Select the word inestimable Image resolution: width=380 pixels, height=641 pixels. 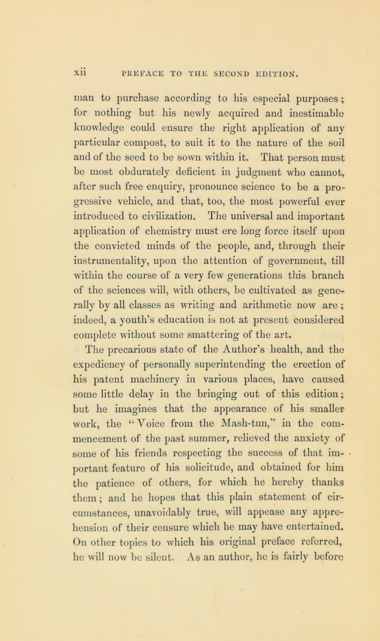[317, 113]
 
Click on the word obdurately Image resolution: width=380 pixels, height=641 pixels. [132, 172]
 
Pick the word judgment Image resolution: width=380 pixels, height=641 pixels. [250, 172]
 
